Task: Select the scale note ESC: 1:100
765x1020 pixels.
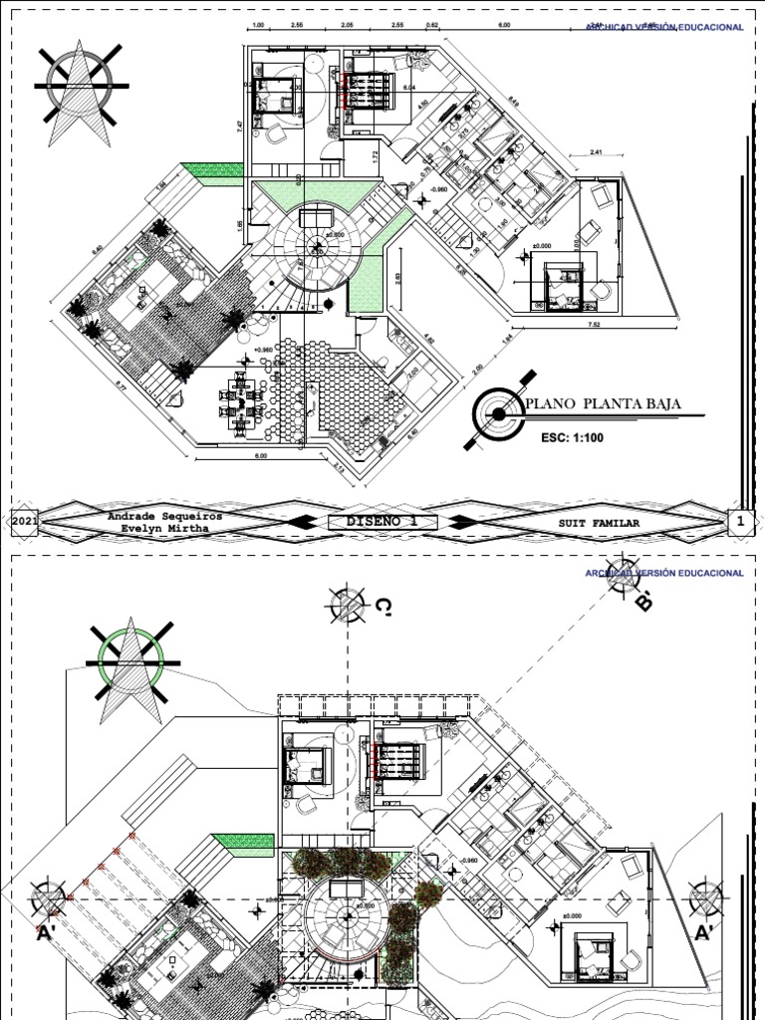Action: pyautogui.click(x=572, y=436)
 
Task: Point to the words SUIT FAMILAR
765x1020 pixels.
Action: pyautogui.click(x=599, y=522)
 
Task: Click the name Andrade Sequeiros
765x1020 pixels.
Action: pyautogui.click(x=165, y=516)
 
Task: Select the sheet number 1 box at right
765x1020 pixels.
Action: pyautogui.click(x=740, y=521)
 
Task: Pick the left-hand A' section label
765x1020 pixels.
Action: pyautogui.click(x=45, y=934)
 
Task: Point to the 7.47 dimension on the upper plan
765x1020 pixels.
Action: pyautogui.click(x=240, y=126)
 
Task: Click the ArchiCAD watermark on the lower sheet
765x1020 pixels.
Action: pyautogui.click(x=663, y=573)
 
